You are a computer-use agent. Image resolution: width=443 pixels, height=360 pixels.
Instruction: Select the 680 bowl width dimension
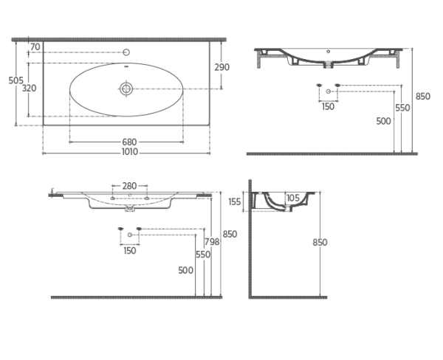pos(128,142)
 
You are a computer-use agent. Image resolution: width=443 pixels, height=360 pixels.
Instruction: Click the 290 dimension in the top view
pos(221,67)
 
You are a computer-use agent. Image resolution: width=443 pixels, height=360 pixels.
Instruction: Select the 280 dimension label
pos(130,186)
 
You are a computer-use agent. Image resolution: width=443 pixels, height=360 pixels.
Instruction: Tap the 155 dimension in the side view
pos(235,201)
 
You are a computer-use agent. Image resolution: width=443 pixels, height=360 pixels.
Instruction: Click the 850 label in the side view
pos(319,242)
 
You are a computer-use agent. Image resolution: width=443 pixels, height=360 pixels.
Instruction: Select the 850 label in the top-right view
pos(422,97)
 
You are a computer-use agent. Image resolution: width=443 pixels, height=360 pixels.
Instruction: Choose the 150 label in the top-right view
pos(328,106)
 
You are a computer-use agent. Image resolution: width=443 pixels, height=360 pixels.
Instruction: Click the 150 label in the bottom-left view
pos(130,251)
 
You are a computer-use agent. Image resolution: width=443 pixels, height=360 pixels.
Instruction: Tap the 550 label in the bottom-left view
pos(202,255)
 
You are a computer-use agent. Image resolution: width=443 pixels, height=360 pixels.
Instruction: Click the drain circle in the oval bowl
pos(127,89)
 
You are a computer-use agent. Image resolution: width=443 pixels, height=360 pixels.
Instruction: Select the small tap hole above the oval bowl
pos(126,52)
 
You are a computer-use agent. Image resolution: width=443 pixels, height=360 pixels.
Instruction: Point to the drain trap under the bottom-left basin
pos(131,209)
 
